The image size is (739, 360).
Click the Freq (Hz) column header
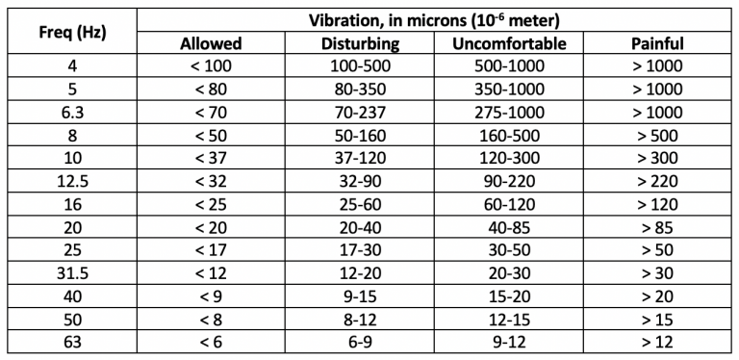72,31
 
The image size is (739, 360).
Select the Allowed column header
212,43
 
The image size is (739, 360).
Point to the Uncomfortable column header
509,43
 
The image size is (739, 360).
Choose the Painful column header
657,43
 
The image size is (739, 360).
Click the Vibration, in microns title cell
435,19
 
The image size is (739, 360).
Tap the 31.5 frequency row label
72,273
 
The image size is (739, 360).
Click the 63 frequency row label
72,343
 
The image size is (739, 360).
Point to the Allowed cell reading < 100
212,66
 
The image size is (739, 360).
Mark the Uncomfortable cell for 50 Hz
509,320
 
